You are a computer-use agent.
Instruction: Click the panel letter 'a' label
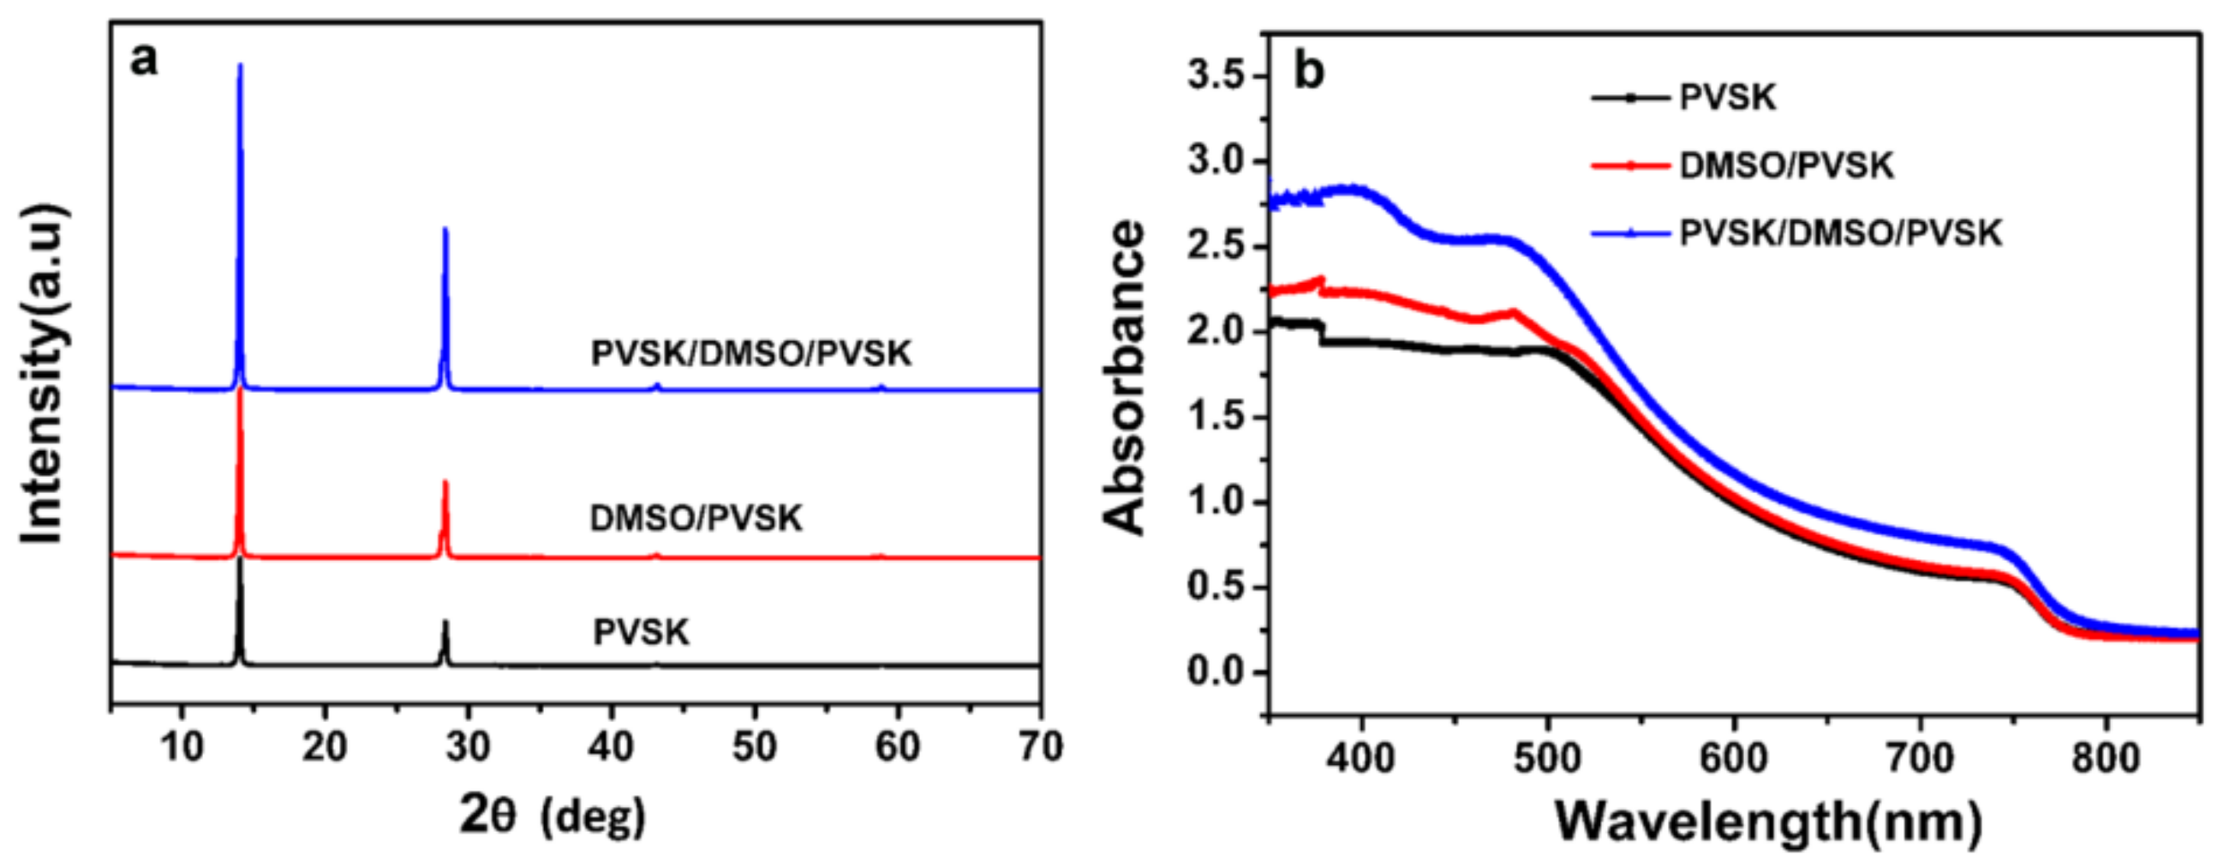click(144, 60)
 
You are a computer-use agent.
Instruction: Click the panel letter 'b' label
click(1308, 71)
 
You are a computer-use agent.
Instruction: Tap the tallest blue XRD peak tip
click(240, 66)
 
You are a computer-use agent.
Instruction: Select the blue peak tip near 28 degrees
click(445, 230)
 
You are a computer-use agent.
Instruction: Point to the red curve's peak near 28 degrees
click(445, 483)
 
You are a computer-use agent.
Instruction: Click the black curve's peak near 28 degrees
click(445, 623)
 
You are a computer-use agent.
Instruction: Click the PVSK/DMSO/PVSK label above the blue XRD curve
click(750, 354)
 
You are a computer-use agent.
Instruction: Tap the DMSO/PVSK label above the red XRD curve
click(696, 518)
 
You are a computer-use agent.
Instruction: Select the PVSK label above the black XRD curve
click(641, 633)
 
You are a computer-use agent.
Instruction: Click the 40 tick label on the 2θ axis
click(611, 747)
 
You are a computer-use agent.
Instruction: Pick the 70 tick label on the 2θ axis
click(1040, 747)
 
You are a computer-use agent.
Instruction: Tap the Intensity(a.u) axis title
click(43, 373)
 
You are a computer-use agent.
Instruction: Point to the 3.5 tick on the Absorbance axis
click(1216, 77)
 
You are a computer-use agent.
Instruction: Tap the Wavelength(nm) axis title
click(1768, 822)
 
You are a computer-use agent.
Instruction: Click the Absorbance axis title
click(1125, 378)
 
